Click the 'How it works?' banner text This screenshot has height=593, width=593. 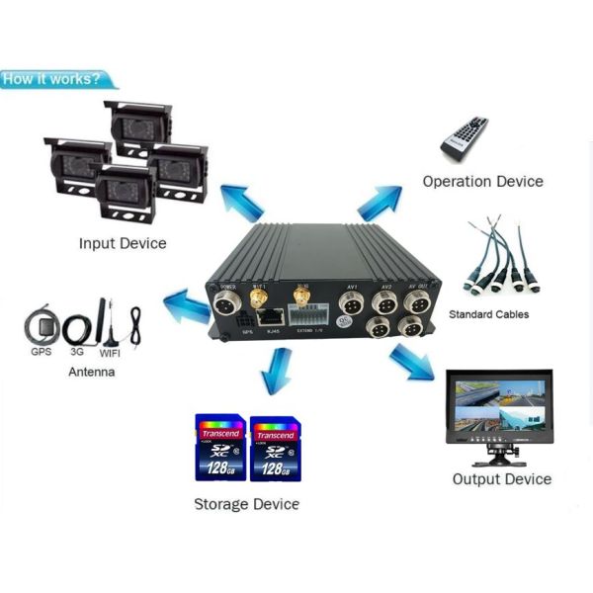click(x=51, y=79)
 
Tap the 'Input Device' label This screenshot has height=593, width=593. click(x=123, y=242)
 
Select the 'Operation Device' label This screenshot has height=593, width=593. click(x=482, y=181)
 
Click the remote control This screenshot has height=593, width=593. click(x=465, y=139)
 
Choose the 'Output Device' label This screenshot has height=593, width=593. click(x=501, y=479)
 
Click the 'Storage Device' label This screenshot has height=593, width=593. click(x=246, y=504)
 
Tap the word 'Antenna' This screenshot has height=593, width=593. click(x=91, y=372)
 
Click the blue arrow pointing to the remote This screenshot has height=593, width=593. click(x=379, y=201)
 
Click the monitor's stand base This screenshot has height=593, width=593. click(x=497, y=461)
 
